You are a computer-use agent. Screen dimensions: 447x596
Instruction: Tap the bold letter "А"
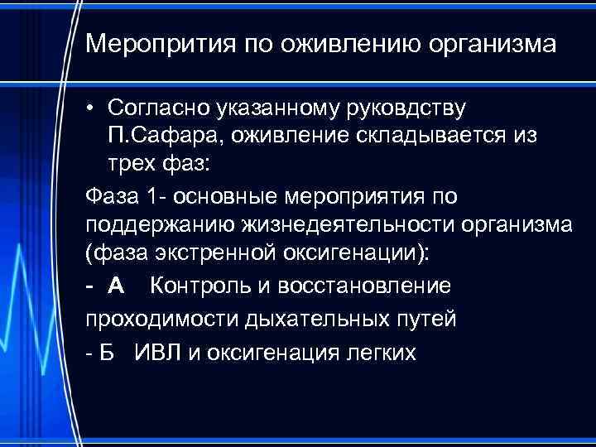click(116, 286)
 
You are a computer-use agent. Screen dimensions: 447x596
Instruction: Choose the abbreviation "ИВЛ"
click(156, 353)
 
